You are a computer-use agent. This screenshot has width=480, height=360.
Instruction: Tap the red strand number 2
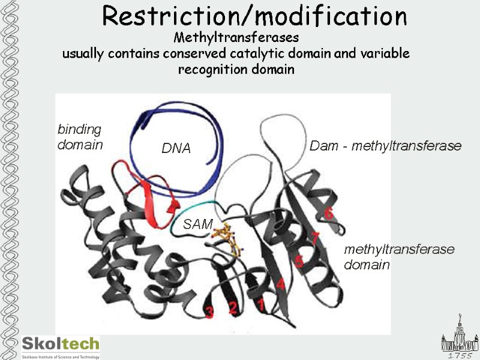point(233,308)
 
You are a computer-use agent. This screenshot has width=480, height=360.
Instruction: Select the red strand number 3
point(209,311)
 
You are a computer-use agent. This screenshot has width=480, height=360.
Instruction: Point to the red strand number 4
point(280,284)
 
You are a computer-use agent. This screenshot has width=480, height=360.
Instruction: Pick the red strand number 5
point(299,260)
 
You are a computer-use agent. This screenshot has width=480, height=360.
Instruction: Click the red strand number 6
point(328,213)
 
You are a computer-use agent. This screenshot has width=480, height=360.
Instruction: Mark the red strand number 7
point(314,238)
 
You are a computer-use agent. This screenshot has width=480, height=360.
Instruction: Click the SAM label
point(198,224)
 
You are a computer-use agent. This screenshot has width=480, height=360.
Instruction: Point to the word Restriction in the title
point(180,16)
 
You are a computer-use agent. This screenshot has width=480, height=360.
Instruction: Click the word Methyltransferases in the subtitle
point(236,38)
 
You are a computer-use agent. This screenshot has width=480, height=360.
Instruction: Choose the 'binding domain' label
point(80,137)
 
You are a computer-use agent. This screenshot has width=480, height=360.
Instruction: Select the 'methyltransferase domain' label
point(399,256)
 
